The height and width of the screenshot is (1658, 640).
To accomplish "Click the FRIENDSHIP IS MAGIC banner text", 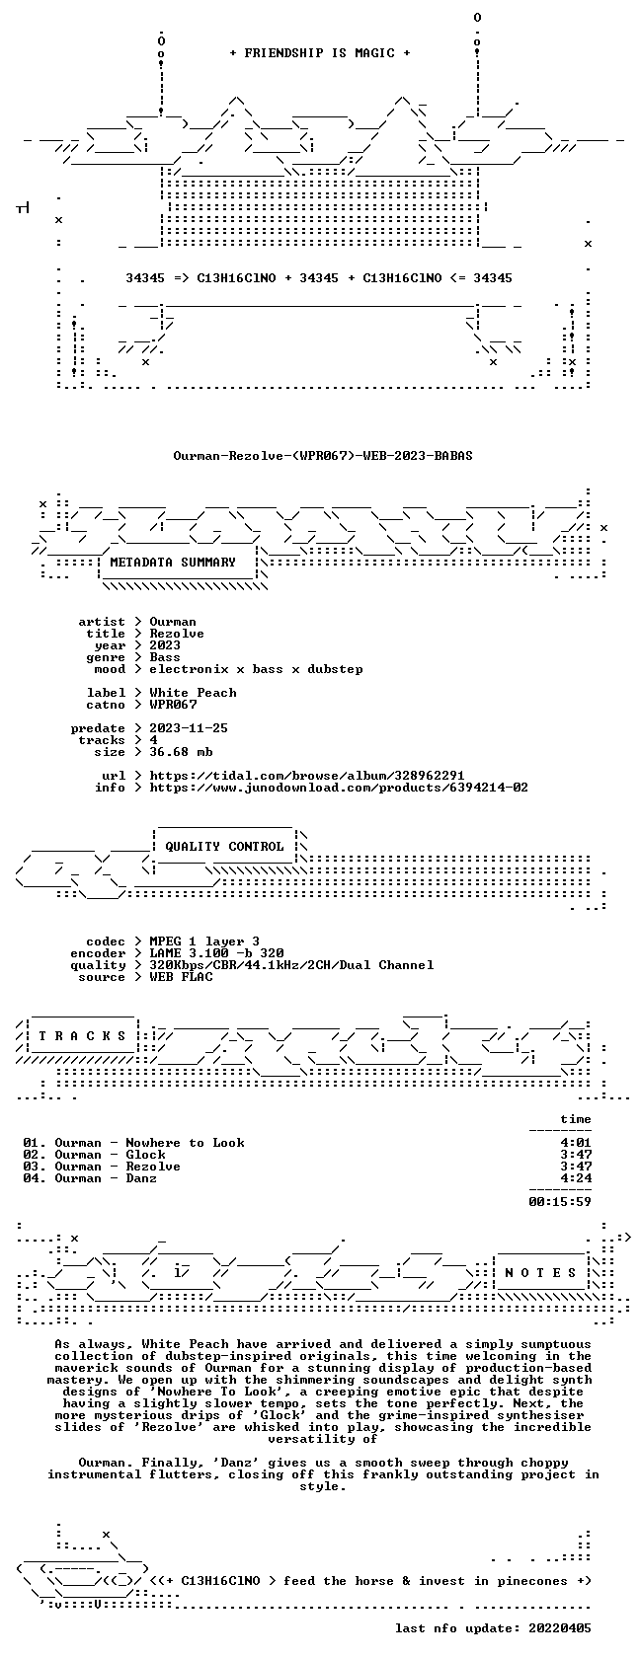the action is (x=320, y=53).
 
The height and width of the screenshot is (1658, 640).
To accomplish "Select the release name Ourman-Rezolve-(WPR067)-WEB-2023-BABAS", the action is (x=323, y=456).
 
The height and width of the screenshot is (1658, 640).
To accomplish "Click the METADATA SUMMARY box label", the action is (x=173, y=563).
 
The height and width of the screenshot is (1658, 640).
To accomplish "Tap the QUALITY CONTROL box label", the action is (x=224, y=847).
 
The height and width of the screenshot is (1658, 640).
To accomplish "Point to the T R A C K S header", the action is (x=82, y=1036).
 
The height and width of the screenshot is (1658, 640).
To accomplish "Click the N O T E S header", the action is (x=541, y=1273).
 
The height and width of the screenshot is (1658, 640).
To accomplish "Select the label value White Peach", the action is (x=194, y=693).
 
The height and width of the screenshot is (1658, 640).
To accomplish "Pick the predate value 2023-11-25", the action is (x=189, y=728).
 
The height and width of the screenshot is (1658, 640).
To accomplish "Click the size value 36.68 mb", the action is (x=181, y=752).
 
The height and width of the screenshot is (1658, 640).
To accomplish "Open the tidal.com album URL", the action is (x=306, y=776).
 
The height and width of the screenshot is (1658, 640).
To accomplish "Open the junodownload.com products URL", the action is (x=339, y=788).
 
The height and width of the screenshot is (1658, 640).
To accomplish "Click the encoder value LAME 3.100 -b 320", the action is (x=216, y=953).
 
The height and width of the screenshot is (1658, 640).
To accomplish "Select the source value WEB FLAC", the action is (x=181, y=977).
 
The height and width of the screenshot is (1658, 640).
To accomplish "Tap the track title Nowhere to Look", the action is (x=185, y=1143).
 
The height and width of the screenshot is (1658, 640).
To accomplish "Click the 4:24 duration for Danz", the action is (x=576, y=1178).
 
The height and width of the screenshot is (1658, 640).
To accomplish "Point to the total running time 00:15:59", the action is (x=560, y=1202).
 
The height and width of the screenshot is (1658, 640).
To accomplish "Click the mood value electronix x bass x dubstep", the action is (x=257, y=669).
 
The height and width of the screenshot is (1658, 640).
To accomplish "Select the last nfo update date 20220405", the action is (x=560, y=1628).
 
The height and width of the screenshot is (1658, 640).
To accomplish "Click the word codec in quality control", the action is (x=105, y=942).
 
